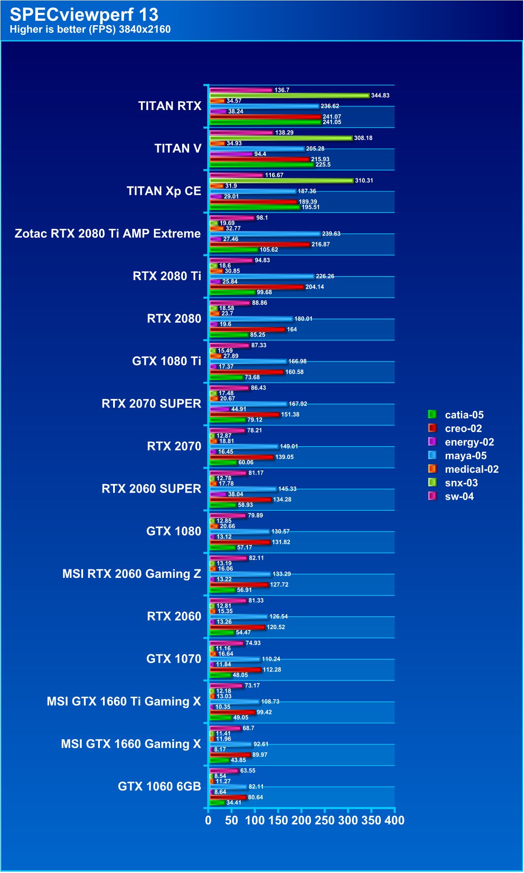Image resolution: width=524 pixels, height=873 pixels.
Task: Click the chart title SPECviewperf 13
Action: point(84,15)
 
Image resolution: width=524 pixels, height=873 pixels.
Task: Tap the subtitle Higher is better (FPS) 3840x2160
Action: point(90,30)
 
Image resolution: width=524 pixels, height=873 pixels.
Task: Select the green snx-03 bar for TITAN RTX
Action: point(289,95)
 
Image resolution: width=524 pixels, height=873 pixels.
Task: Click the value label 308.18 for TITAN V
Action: point(363,138)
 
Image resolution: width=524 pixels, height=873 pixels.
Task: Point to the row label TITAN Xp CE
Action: point(163,191)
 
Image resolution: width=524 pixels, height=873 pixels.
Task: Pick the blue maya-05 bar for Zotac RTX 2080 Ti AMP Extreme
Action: point(265,234)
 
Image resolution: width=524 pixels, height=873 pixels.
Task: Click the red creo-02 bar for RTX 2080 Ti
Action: point(257,287)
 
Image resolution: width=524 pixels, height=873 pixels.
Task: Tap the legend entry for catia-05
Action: point(464,415)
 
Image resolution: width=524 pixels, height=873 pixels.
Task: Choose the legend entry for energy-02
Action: point(469,442)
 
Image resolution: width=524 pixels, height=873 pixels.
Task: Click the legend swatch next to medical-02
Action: point(432,469)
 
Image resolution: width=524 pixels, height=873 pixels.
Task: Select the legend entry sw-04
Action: point(459,497)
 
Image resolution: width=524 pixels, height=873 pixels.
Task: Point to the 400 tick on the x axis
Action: point(395,820)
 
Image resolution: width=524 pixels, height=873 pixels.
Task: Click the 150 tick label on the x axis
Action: point(278,820)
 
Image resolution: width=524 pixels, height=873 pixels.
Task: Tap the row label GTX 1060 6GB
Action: point(159,787)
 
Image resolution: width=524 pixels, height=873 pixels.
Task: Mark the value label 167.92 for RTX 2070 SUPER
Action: point(298,404)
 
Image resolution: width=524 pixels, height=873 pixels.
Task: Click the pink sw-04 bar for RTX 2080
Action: point(230,303)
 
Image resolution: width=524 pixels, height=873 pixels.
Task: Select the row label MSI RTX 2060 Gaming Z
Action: point(131,574)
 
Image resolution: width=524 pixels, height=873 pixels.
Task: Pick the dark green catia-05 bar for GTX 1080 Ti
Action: point(226,377)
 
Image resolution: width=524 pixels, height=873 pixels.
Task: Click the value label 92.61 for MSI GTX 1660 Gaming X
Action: point(261,744)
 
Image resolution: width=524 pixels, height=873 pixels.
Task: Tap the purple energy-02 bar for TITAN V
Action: point(231,154)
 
